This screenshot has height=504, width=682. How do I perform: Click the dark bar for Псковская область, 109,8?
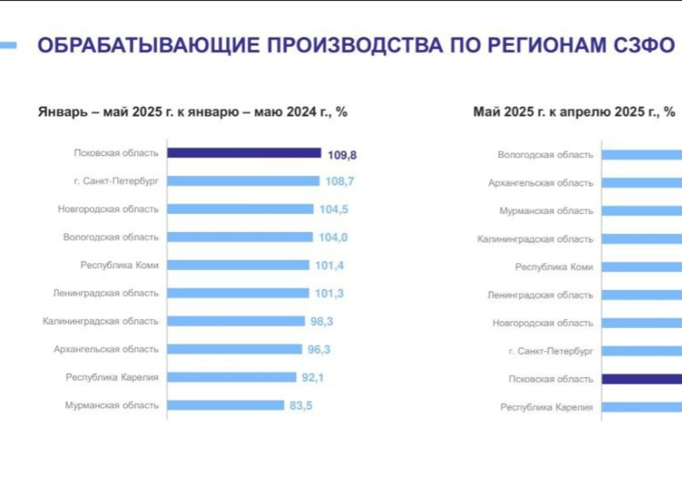(244, 153)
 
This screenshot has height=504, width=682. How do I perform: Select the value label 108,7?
(339, 181)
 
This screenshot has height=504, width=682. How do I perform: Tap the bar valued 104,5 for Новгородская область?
(240, 209)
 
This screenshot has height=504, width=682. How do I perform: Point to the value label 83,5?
(301, 405)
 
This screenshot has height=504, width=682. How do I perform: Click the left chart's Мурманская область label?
(112, 405)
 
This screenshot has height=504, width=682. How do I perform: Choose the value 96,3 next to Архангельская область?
(319, 349)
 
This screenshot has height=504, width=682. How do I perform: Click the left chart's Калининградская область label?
(101, 321)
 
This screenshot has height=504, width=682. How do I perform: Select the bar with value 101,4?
(238, 265)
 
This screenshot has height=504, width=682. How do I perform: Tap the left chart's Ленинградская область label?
(106, 292)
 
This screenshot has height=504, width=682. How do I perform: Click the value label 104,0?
(331, 237)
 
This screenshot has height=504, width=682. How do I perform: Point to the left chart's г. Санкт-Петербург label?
(116, 181)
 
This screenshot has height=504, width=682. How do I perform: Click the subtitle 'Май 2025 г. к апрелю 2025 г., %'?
(573, 112)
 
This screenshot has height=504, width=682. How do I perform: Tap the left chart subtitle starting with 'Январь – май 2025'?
(193, 112)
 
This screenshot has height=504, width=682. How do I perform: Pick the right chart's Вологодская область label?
(546, 155)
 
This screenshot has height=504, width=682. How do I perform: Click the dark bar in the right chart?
(641, 379)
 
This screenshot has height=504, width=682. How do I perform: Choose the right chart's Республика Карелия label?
(546, 407)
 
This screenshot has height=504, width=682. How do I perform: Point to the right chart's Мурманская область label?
(546, 211)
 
